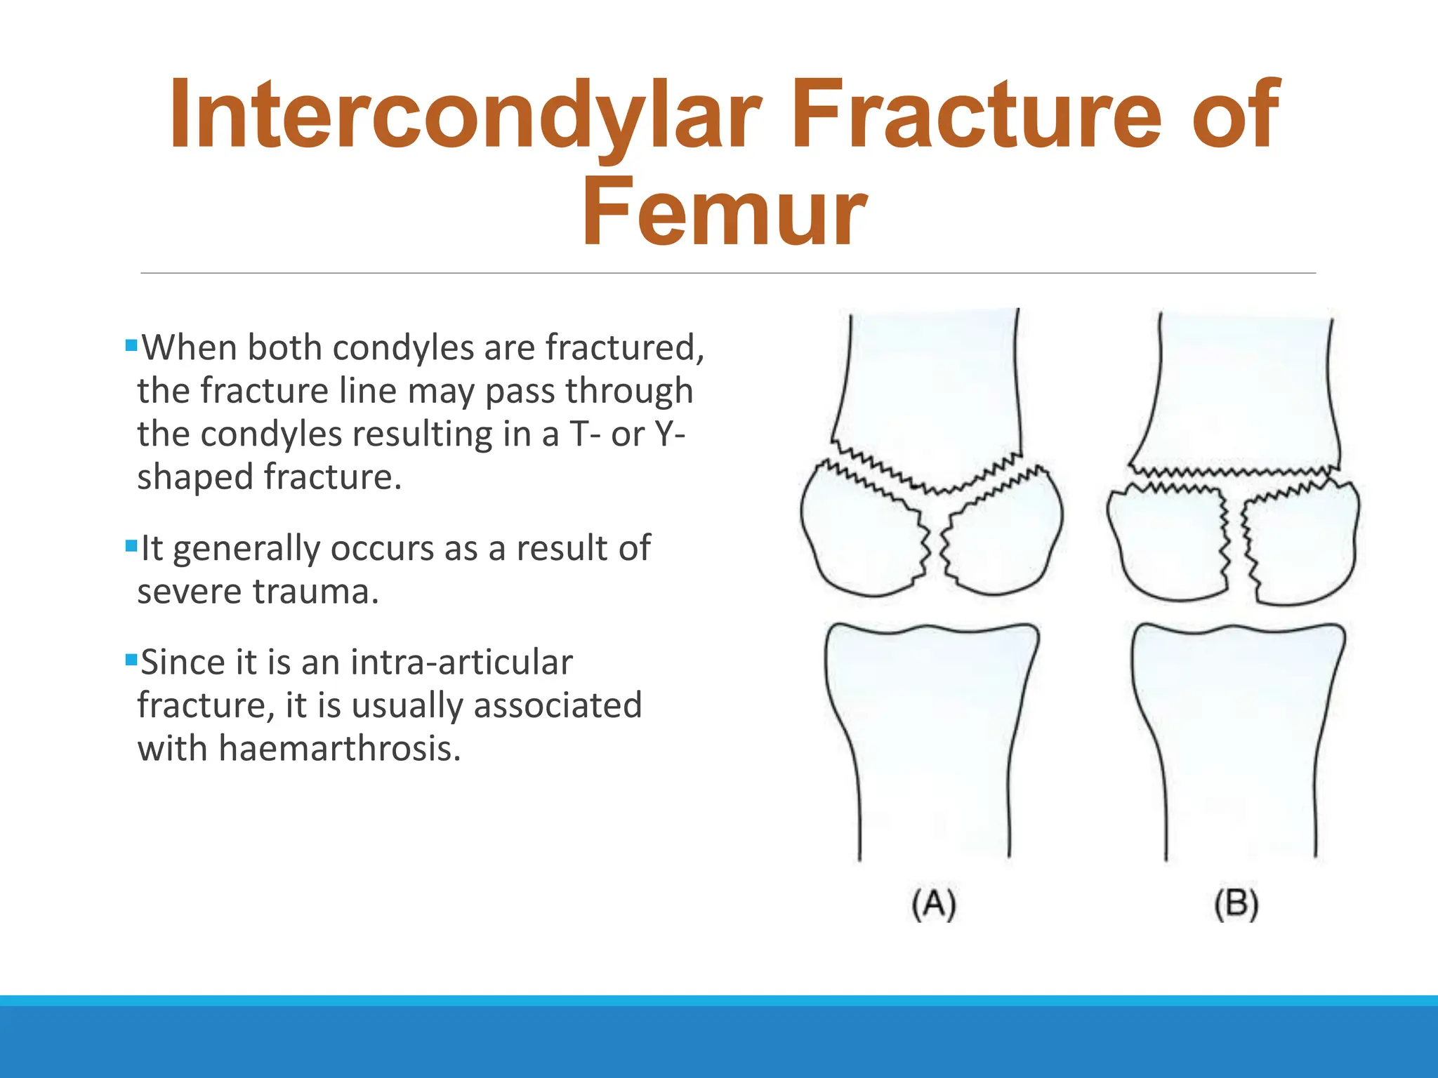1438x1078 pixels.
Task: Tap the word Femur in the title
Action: (x=724, y=213)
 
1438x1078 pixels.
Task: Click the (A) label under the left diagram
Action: (x=934, y=904)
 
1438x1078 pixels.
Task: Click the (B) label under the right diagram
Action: (x=1236, y=904)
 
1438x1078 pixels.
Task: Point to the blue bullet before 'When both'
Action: (x=131, y=345)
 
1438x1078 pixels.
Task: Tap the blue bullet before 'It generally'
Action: (x=131, y=545)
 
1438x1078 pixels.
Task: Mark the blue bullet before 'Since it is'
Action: (x=131, y=660)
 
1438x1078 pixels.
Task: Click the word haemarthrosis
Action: (x=339, y=748)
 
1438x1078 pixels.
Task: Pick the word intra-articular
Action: (x=461, y=663)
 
